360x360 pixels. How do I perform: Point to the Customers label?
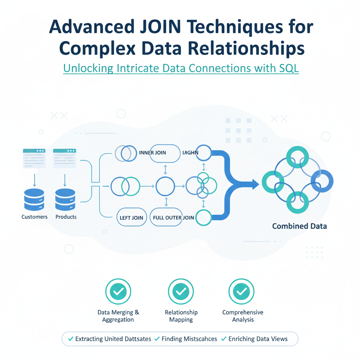point(34,217)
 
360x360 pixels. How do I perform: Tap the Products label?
point(66,217)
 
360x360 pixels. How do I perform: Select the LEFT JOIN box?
point(131,218)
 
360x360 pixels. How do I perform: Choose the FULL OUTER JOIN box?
point(173,218)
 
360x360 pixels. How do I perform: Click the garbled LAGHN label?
point(191,153)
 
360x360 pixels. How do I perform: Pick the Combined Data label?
point(300,226)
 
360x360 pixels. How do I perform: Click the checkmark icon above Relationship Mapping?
point(181,291)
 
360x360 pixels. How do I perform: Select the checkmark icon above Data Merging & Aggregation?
point(118,291)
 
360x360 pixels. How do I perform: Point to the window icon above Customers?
point(34,158)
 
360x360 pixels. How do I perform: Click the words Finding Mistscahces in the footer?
point(185,339)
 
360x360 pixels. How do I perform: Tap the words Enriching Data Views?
point(258,339)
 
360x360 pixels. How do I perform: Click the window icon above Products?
point(65,158)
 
